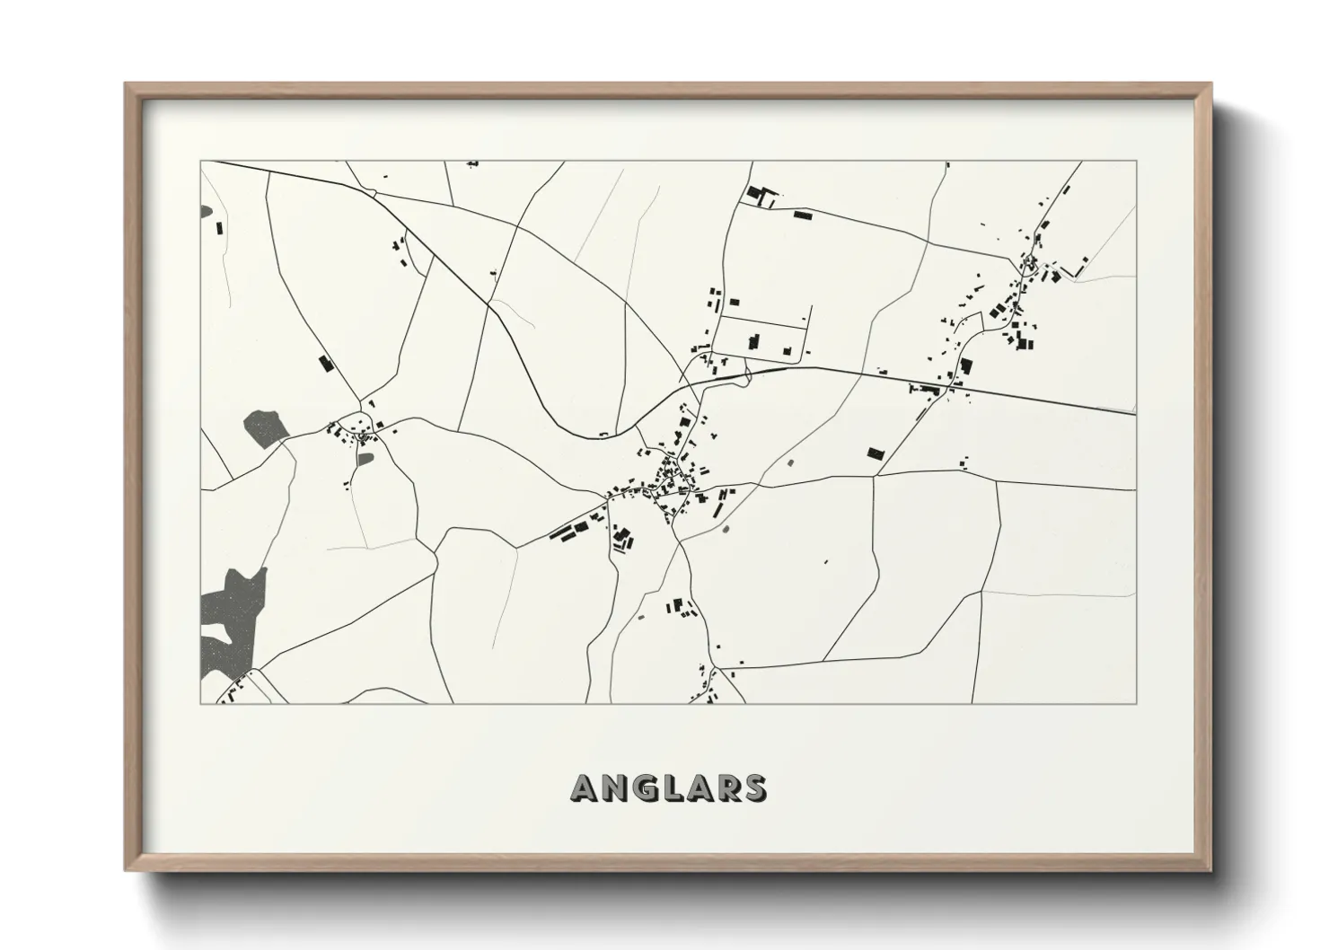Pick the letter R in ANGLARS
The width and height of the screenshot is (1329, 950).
(726, 787)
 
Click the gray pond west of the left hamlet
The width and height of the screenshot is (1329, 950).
(264, 427)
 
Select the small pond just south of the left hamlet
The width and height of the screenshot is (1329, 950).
(365, 459)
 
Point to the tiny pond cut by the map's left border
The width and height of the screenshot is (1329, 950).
(206, 212)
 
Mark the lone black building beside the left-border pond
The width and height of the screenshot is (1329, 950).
(219, 226)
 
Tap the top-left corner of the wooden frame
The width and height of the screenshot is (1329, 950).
(127, 84)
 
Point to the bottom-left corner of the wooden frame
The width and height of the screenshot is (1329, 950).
(127, 870)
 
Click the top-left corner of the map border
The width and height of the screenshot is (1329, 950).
(200, 162)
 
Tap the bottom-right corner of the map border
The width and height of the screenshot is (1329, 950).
(1136, 703)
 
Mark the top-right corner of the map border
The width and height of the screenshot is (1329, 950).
(1136, 162)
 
